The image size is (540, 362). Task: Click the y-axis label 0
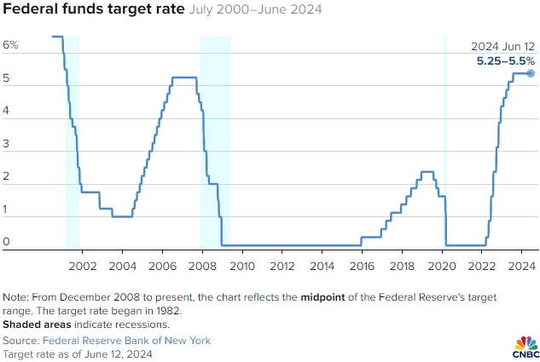coord(6,242)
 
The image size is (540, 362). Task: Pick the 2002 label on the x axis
coord(82,266)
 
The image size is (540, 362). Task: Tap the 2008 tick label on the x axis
coord(202,266)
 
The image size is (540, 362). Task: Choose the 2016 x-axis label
coord(363,266)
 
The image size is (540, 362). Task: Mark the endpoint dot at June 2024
coord(530,73)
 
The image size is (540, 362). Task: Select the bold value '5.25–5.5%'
coord(505,60)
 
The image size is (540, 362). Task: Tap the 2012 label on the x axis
coord(282,266)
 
